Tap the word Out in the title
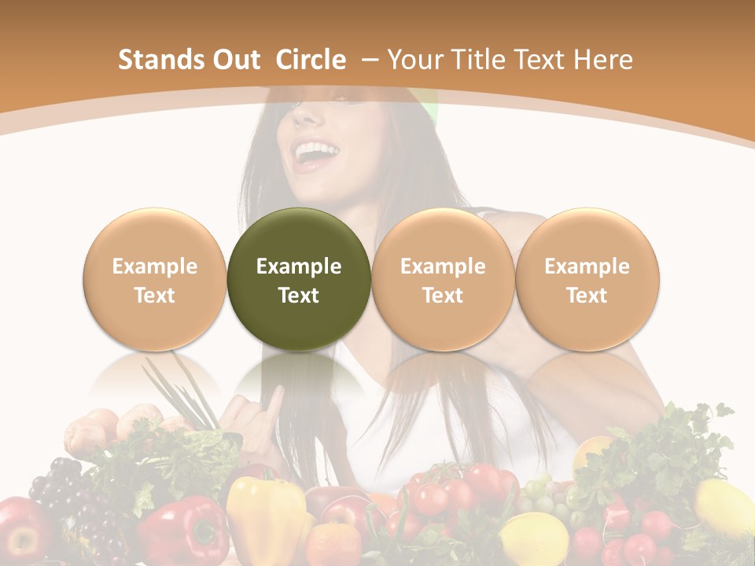[x=237, y=60]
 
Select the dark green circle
[x=299, y=279]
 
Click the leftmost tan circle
[x=155, y=279]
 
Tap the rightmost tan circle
[x=587, y=279]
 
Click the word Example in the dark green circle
[x=299, y=266]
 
